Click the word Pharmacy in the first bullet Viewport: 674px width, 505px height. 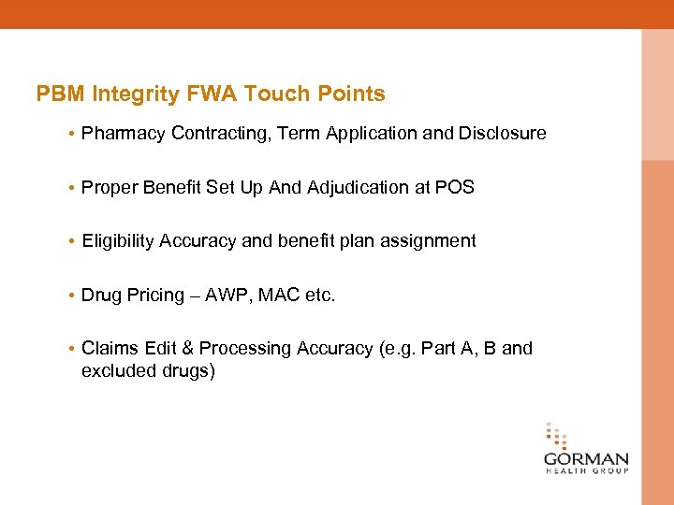click(124, 134)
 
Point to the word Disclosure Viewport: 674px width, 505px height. click(502, 134)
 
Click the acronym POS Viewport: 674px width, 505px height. click(455, 188)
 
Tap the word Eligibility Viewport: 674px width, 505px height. click(118, 241)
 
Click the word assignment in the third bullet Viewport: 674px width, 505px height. click(432, 241)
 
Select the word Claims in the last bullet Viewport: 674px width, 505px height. click(110, 349)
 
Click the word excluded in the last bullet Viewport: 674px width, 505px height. click(118, 371)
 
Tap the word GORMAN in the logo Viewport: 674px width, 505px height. click(586, 460)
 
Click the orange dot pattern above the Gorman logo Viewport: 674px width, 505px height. click(556, 436)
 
